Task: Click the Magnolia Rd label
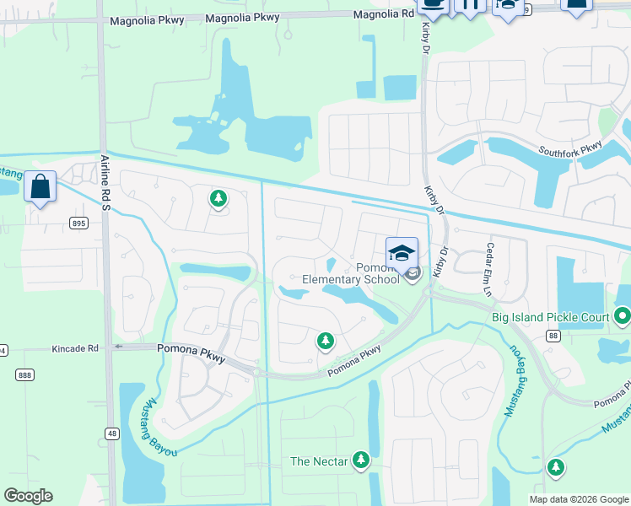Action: click(384, 14)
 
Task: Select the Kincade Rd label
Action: click(75, 347)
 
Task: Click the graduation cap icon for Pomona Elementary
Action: click(402, 253)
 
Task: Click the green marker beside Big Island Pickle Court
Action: click(623, 317)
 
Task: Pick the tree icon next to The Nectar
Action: click(361, 460)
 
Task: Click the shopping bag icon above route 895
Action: click(40, 186)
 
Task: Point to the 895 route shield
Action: click(79, 223)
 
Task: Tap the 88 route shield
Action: click(553, 336)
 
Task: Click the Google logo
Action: click(28, 496)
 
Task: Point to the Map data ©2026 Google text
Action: click(578, 499)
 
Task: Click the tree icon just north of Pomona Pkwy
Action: click(325, 341)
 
